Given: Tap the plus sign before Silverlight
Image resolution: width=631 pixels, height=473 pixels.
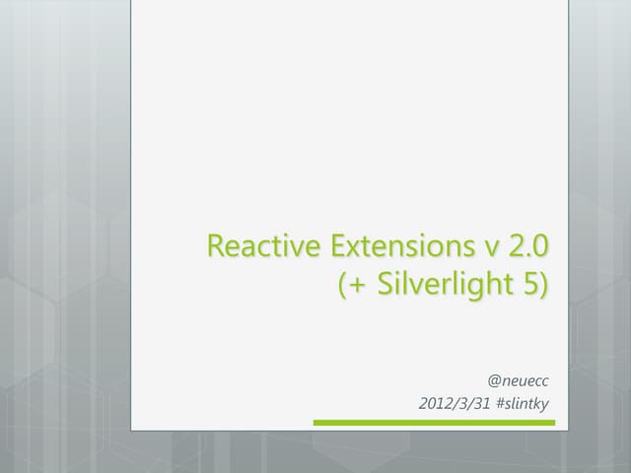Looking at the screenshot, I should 356,286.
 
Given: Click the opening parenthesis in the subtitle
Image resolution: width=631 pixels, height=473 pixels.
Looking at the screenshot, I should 342,286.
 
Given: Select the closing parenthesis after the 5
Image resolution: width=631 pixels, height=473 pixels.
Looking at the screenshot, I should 543,286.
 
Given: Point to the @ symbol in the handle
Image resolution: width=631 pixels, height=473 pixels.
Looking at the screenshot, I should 494,378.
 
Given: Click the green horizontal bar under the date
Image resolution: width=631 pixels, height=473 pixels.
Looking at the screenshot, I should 434,423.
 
